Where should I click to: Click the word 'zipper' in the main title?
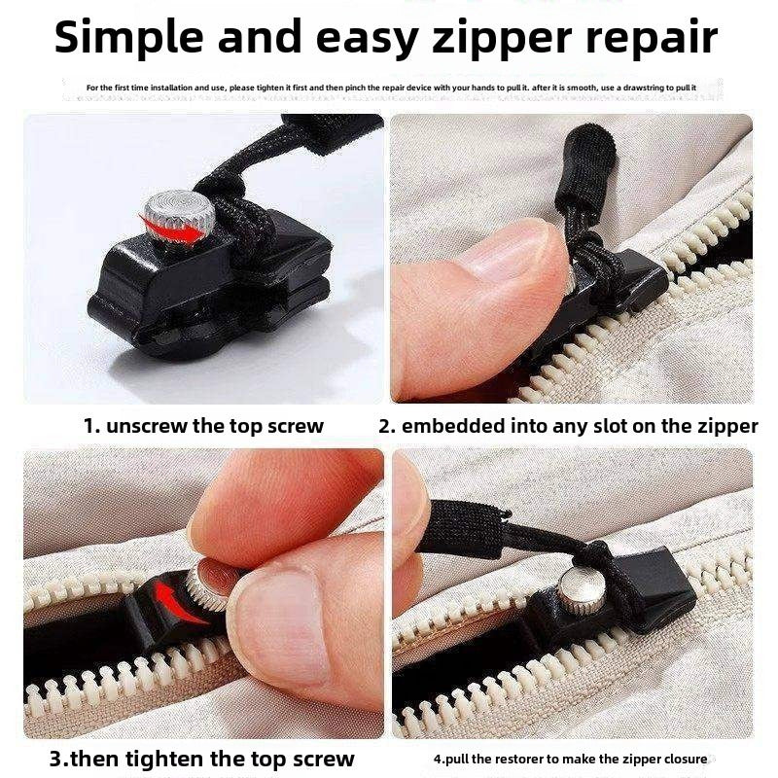[502, 38]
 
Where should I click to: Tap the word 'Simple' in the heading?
[129, 38]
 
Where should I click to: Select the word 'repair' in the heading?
[652, 38]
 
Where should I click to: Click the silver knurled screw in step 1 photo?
[179, 217]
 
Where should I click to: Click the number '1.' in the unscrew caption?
[91, 426]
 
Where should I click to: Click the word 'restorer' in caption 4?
[518, 760]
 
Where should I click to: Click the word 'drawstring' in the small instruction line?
[644, 88]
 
